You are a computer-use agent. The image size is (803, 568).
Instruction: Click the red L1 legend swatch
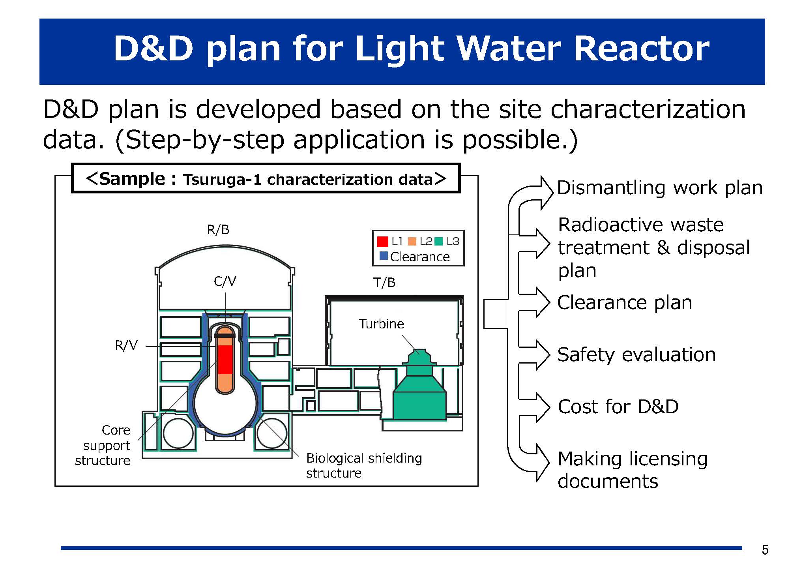[x=382, y=241]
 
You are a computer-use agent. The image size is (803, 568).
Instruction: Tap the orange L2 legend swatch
[x=412, y=241]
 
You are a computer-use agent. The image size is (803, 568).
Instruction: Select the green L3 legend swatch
[x=438, y=241]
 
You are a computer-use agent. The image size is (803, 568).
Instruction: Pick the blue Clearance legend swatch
[x=383, y=256]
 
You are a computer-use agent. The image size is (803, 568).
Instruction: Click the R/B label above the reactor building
[x=218, y=230]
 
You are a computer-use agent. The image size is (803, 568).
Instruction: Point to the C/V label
[x=225, y=281]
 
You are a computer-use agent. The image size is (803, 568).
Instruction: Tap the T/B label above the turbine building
[x=384, y=283]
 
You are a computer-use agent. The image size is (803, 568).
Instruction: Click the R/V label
[x=126, y=345]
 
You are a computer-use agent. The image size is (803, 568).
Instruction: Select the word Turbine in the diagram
[x=381, y=324]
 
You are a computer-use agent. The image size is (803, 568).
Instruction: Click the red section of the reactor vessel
[x=225, y=359]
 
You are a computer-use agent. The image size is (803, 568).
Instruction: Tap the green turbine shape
[x=420, y=395]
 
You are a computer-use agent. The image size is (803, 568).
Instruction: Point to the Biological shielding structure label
[x=364, y=465]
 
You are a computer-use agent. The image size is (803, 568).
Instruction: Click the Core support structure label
[x=103, y=445]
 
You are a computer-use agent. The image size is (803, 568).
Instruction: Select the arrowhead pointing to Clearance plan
[x=543, y=302]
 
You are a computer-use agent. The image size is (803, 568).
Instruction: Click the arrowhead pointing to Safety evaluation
[x=543, y=354]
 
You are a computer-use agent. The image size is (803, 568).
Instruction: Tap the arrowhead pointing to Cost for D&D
[x=543, y=407]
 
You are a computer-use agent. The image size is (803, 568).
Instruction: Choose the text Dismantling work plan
[x=660, y=188]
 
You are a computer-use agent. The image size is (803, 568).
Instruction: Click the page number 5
[x=765, y=549]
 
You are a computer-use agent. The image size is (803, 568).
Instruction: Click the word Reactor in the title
[x=641, y=49]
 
